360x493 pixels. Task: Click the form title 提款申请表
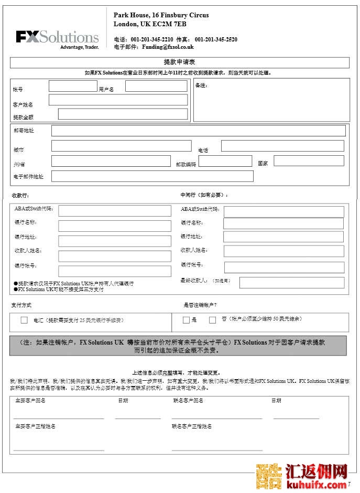point(180,62)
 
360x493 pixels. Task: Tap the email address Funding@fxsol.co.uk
point(168,47)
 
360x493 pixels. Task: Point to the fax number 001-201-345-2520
point(216,39)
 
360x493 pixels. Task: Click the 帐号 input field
point(73,86)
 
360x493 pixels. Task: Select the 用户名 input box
point(156,86)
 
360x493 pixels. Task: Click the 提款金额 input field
point(123,114)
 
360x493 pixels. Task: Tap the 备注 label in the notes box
point(201,85)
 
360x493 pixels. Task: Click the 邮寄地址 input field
point(198,131)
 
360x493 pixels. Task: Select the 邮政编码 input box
point(225,161)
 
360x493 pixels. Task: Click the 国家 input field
point(309,160)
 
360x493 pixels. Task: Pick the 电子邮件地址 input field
point(152,176)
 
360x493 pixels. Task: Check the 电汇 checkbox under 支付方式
point(24,320)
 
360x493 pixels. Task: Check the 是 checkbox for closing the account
point(186,320)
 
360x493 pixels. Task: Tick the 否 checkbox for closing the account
point(212,320)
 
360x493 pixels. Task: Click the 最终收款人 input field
point(291,282)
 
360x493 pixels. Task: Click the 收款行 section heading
point(20,196)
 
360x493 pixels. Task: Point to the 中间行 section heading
point(204,195)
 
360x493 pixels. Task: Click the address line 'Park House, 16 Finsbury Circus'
point(161,15)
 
